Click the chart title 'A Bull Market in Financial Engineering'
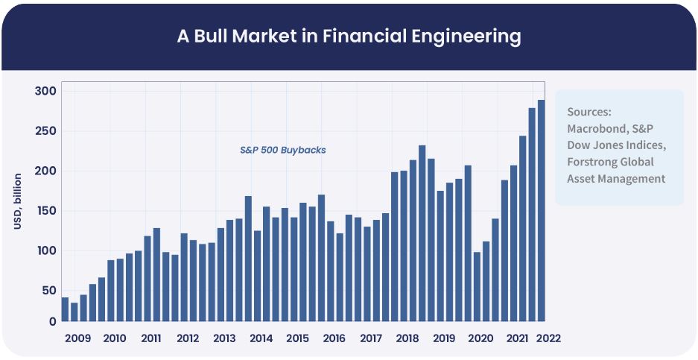(x=349, y=36)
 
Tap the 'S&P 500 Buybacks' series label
(x=283, y=150)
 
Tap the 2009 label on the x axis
(x=78, y=338)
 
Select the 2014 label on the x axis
(x=261, y=338)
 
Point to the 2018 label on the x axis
(x=407, y=338)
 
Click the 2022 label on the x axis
(x=548, y=338)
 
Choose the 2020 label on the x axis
(x=480, y=338)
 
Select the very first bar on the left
(x=65, y=309)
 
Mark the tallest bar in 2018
(x=422, y=233)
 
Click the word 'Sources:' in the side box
(x=589, y=112)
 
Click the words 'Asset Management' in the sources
(x=616, y=179)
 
